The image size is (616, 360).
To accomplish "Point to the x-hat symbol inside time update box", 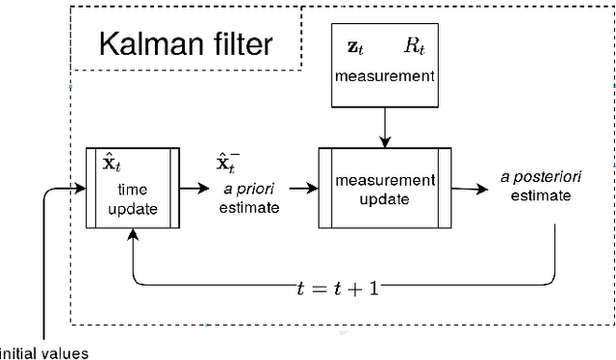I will coord(110,163).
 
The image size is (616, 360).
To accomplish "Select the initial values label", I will coord(44,352).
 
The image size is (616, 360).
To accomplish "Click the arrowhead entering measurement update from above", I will coord(384,141).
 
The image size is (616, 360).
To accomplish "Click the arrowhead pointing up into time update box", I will coord(131,236).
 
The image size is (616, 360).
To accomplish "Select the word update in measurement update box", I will coord(384,199).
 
